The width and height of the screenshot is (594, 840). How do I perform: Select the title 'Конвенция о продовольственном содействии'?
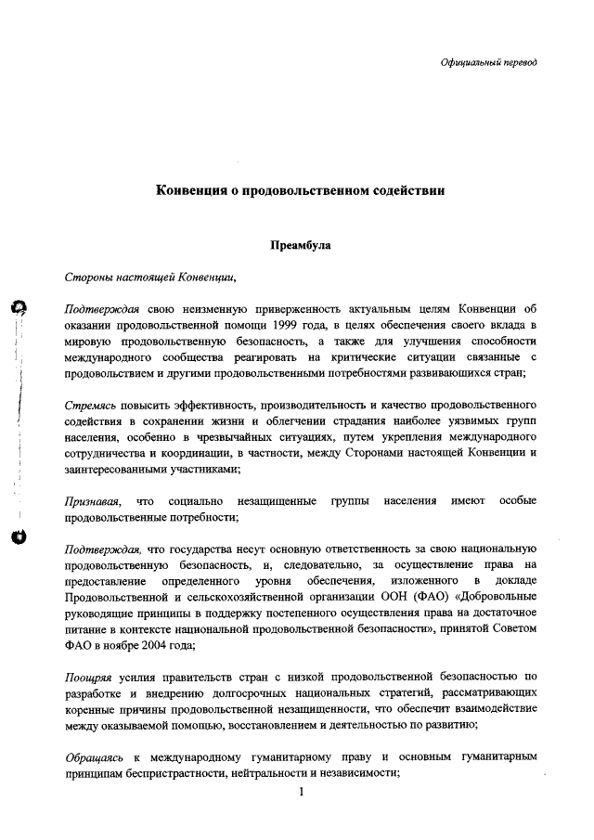pos(300,190)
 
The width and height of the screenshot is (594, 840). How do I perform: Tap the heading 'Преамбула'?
pos(299,247)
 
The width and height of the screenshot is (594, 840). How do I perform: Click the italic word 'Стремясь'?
pos(89,406)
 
